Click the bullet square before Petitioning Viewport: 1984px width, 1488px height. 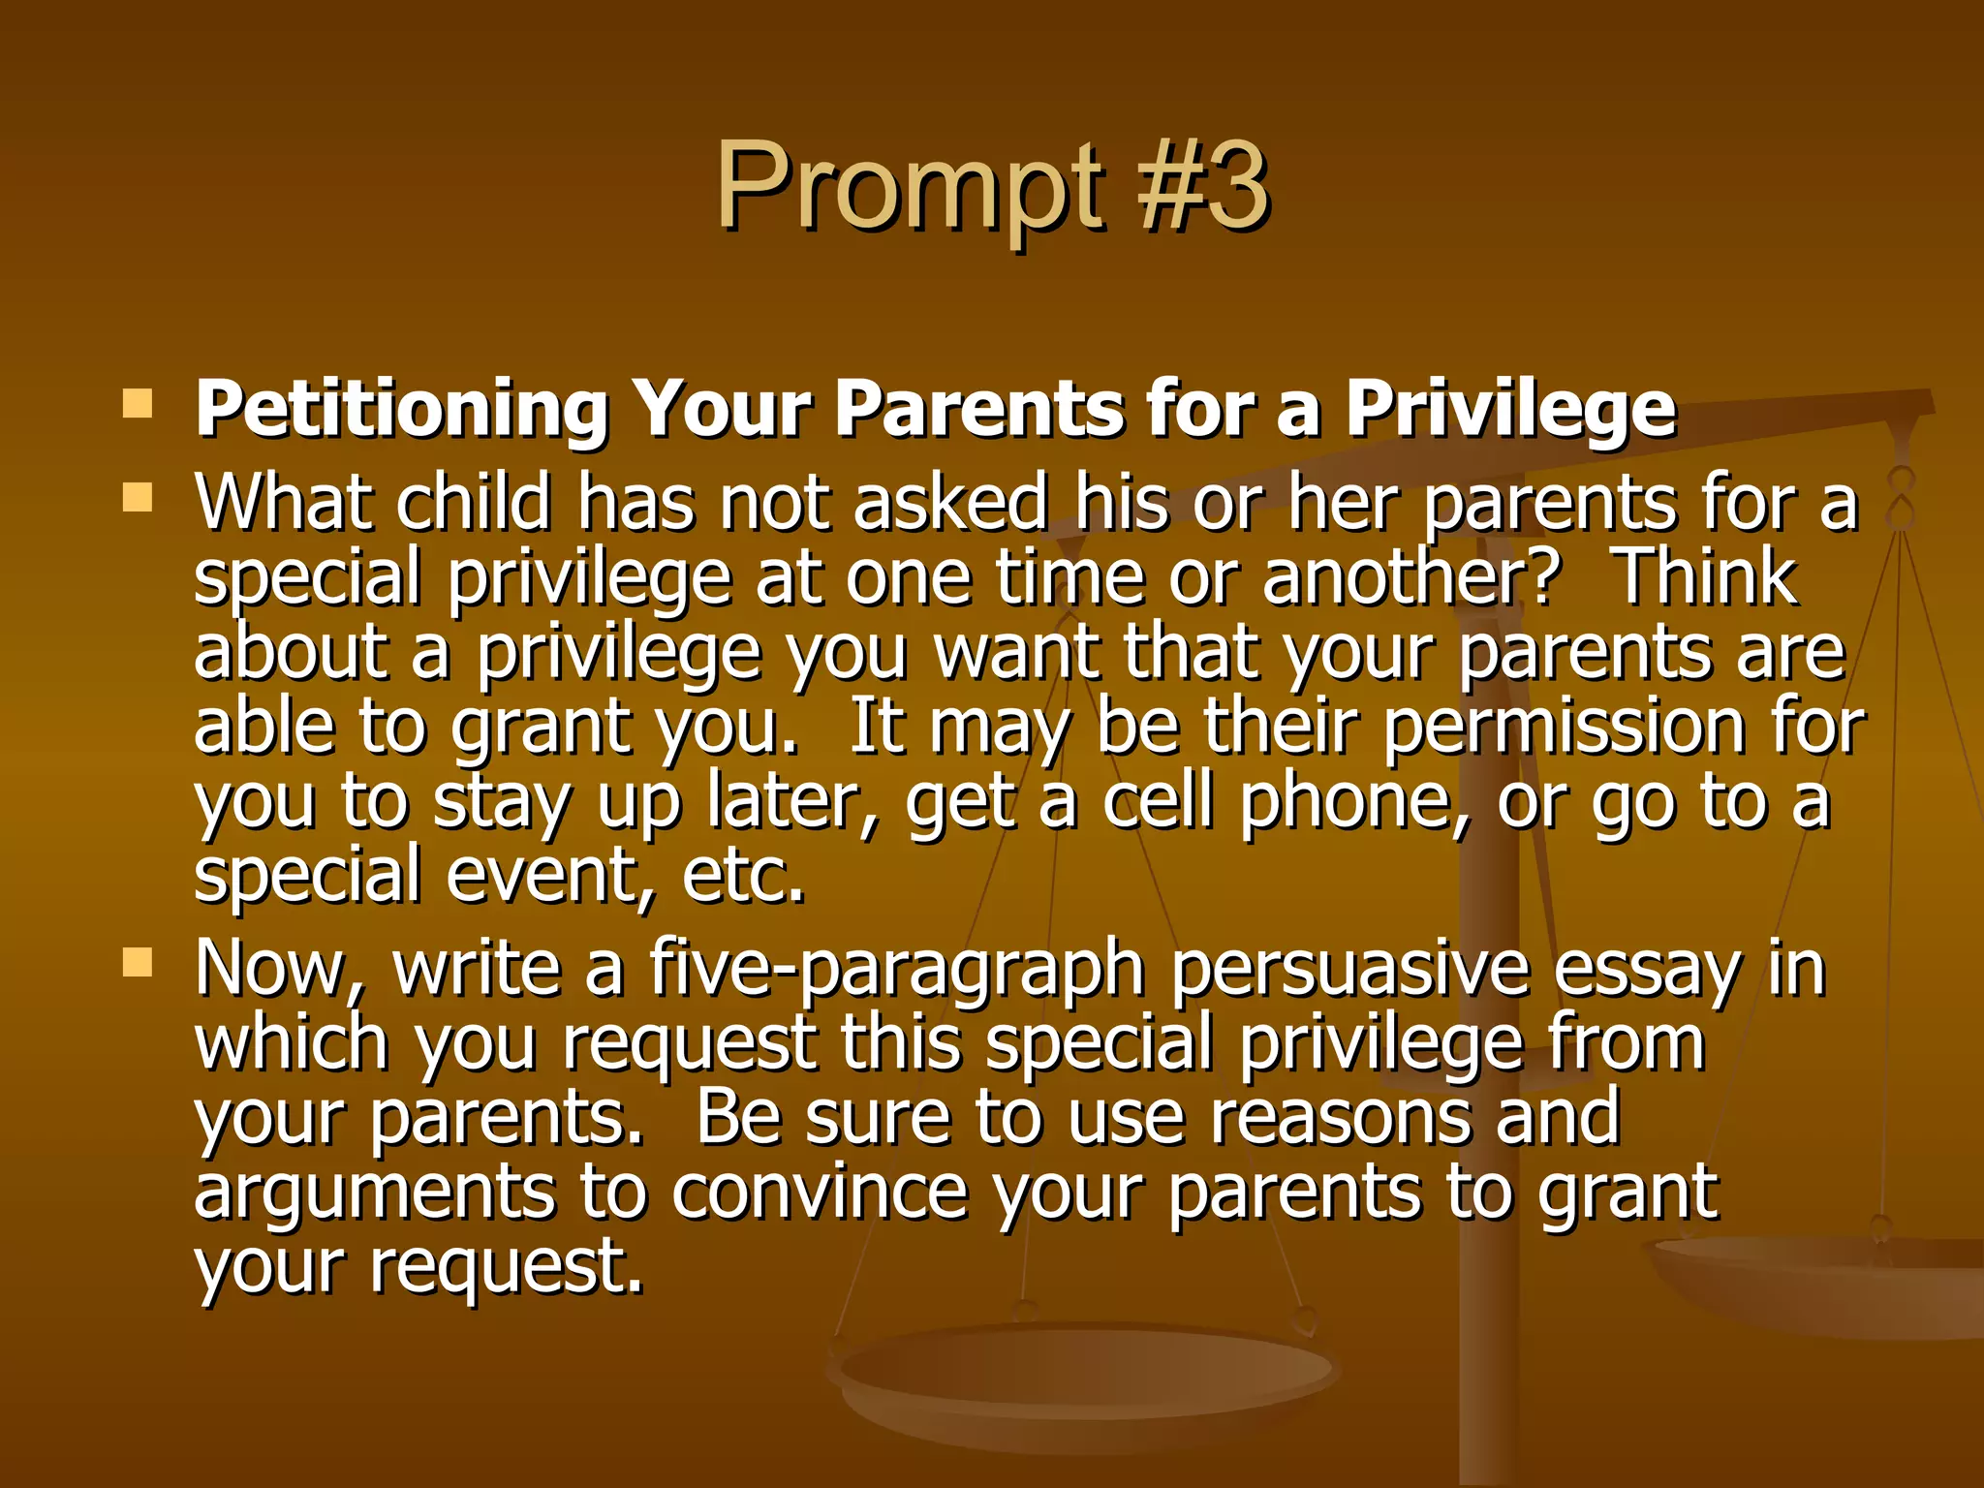[x=138, y=403]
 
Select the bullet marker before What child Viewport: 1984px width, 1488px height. [x=138, y=498]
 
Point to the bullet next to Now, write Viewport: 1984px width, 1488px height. [x=138, y=962]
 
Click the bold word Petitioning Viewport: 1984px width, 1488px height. [x=401, y=409]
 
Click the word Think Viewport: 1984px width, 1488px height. [x=1707, y=577]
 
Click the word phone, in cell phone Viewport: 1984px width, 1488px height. [x=1356, y=802]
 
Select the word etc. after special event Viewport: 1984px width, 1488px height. [x=743, y=876]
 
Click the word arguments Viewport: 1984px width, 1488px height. [x=375, y=1193]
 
